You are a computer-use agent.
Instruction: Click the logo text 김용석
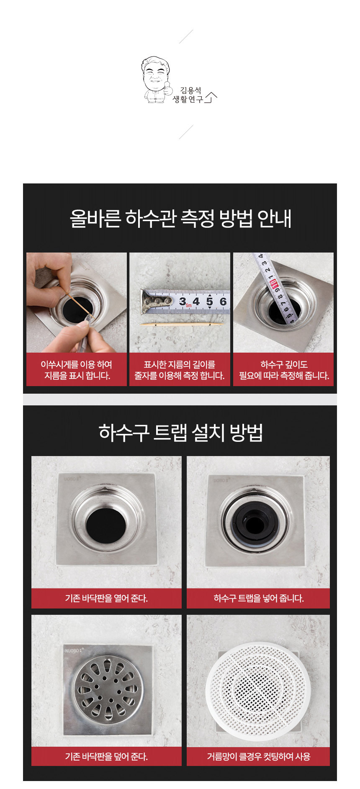(191, 90)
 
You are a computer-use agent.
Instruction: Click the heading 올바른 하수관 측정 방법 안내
(180, 218)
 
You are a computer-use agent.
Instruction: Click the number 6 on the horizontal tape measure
(223, 301)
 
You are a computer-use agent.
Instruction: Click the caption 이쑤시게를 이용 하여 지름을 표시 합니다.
(77, 370)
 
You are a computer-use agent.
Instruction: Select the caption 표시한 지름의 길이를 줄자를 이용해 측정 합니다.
(180, 370)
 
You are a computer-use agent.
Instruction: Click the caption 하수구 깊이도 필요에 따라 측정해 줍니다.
(284, 370)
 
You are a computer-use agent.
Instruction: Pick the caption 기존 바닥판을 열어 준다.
(106, 598)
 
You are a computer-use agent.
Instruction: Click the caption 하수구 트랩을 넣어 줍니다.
(259, 598)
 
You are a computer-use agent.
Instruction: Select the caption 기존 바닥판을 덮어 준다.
(106, 756)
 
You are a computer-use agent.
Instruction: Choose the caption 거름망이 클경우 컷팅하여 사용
(259, 756)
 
